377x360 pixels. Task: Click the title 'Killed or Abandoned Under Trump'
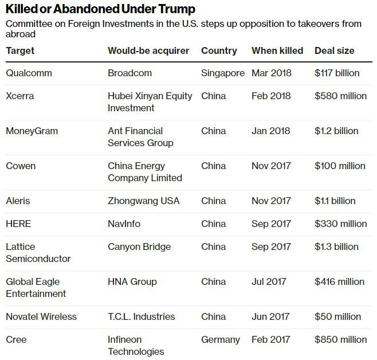point(100,9)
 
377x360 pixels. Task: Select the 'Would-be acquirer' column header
point(148,50)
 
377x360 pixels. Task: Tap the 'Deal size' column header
point(335,50)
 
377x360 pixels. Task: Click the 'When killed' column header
point(277,50)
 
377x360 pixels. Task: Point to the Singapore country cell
point(223,73)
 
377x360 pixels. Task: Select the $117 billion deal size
point(337,73)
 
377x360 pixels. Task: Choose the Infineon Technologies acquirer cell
point(136,345)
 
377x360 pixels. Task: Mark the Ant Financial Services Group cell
point(140,136)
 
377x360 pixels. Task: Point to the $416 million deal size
point(339,281)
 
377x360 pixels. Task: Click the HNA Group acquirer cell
point(132,281)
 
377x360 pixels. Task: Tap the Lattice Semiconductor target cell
point(38,252)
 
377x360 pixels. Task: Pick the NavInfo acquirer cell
point(124,224)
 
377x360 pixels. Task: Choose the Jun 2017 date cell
point(271,316)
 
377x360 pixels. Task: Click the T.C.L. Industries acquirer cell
point(141,316)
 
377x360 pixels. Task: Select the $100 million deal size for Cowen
point(340,166)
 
